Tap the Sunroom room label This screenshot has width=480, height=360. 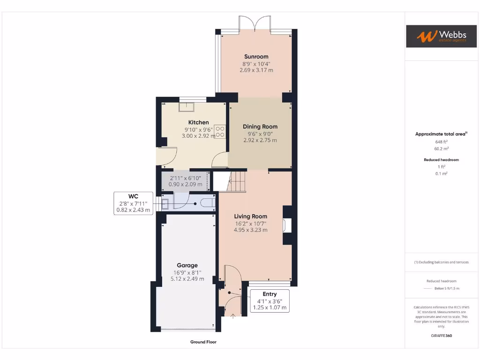[x=256, y=57]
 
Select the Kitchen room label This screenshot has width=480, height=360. [x=199, y=122]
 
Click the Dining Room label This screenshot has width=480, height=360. [x=260, y=127]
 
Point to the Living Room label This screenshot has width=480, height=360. [x=250, y=217]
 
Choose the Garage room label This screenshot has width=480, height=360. [x=187, y=265]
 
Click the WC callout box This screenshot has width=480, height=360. [x=134, y=203]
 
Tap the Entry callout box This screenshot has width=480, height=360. [x=270, y=301]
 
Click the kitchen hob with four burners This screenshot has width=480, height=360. [x=220, y=131]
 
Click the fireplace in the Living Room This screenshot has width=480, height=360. [x=286, y=225]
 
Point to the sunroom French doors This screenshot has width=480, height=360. [x=255, y=24]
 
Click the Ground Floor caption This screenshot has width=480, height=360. [x=203, y=342]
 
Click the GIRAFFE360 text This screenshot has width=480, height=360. [x=441, y=336]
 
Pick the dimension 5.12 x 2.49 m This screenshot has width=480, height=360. [x=187, y=278]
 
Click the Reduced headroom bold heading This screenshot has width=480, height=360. [x=441, y=160]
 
